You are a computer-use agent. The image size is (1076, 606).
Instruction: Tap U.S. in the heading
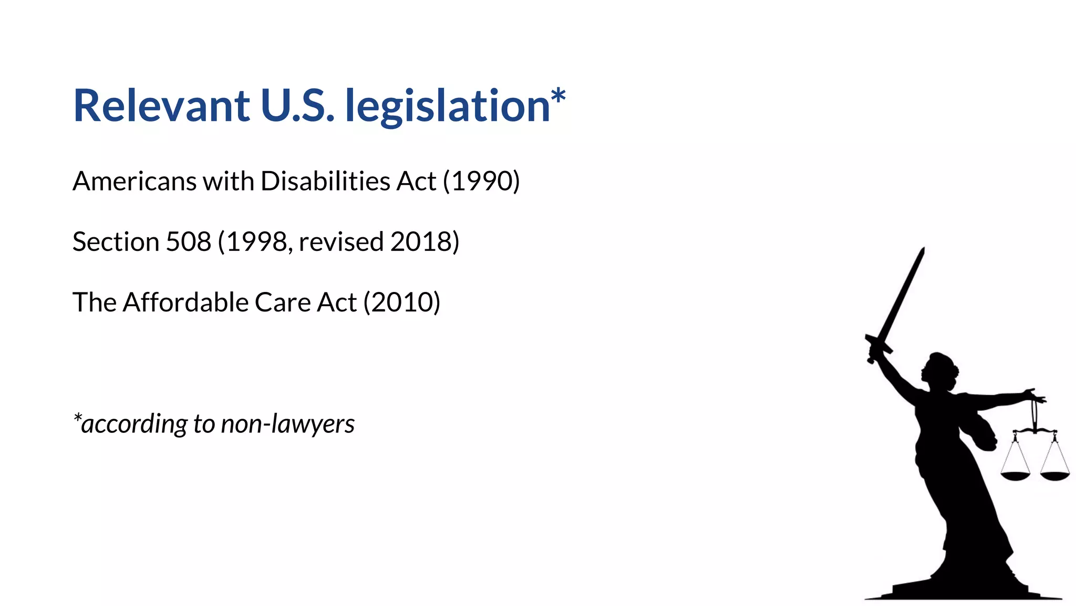coord(297,106)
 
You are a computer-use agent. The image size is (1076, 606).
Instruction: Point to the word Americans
coord(134,181)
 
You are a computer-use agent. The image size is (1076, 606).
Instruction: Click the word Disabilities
coord(326,181)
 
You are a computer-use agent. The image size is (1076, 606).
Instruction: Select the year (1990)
coord(481,181)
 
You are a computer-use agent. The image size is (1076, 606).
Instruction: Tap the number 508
coord(189,242)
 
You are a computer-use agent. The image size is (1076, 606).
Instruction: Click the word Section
coord(116,242)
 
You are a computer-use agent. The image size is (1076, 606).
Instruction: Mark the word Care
coord(283,302)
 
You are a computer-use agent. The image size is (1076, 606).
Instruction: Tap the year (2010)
coord(402,302)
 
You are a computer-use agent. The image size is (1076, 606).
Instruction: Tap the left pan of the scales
coord(1015,476)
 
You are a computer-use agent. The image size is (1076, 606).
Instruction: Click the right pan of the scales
coord(1055,476)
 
